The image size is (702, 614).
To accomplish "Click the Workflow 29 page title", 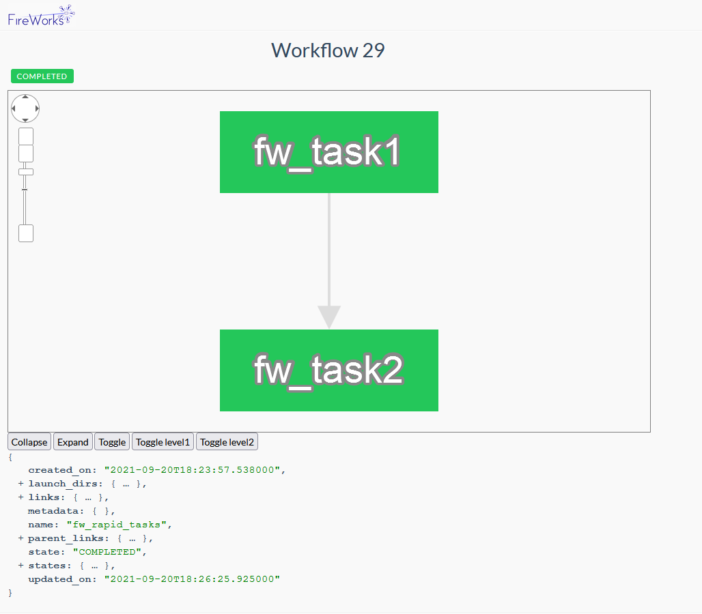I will (x=328, y=50).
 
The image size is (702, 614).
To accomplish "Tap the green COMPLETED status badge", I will (x=42, y=76).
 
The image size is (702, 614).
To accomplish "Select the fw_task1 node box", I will (x=328, y=152).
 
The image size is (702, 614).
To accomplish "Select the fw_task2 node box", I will (x=328, y=370).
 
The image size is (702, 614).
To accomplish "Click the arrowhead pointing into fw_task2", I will (x=329, y=317).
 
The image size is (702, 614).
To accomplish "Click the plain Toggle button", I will (x=112, y=442).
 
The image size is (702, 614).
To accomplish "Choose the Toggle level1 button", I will (x=163, y=442).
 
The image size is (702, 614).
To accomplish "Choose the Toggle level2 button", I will (x=227, y=442).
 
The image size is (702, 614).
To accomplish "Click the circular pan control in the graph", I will (x=25, y=108).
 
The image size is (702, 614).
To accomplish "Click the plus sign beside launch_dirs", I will (x=21, y=484).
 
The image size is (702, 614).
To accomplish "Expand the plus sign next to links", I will (x=21, y=497).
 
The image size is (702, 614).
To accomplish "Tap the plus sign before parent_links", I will (x=21, y=538).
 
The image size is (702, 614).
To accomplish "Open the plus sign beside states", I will (x=21, y=566).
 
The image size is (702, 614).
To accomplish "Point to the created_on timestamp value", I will (x=194, y=470).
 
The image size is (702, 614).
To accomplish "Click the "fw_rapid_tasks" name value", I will (x=117, y=525).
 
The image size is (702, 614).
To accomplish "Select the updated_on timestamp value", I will (x=192, y=579).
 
